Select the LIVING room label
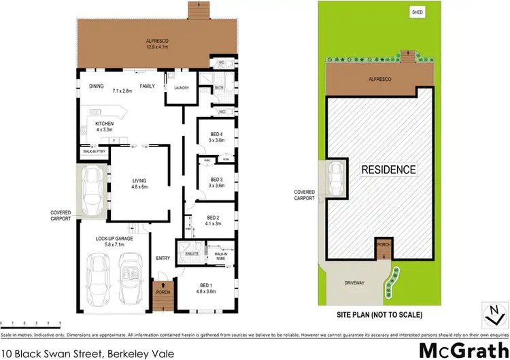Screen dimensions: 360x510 click(139, 181)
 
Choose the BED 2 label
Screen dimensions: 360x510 click(214, 218)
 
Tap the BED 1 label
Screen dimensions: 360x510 click(207, 284)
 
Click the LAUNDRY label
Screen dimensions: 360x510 click(181, 88)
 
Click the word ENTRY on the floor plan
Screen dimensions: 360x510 click(163, 258)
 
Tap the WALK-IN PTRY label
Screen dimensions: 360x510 click(92, 152)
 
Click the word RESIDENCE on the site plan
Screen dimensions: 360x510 click(388, 169)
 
